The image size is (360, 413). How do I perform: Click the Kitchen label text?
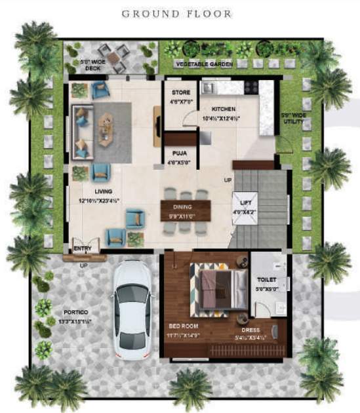224,109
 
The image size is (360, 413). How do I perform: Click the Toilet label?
266,280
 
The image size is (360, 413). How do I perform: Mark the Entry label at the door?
83,249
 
